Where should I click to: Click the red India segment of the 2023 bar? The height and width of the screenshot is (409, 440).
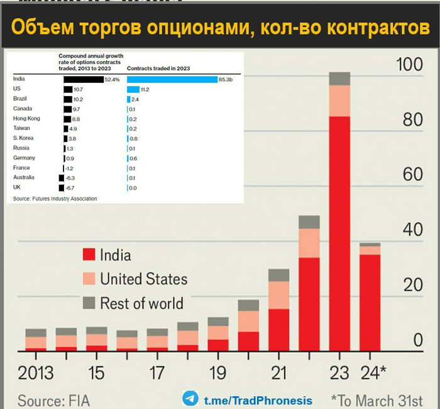click(339, 232)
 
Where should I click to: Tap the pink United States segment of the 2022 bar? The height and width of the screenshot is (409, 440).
click(309, 243)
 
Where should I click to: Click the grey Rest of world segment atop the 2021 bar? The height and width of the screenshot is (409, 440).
click(278, 275)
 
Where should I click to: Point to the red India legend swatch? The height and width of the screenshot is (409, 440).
click(89, 255)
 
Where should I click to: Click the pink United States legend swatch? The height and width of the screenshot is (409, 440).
click(89, 278)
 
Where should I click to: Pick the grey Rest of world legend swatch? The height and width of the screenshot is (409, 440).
click(89, 302)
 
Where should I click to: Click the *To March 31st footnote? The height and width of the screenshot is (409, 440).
click(376, 400)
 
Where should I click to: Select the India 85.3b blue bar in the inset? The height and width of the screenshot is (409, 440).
click(172, 80)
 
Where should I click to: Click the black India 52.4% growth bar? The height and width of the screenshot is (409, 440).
click(83, 80)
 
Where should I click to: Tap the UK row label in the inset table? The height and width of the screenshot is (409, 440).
click(17, 188)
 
